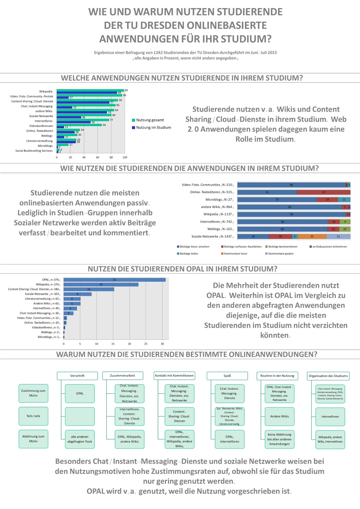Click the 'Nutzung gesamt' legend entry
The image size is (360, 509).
pyautogui.click(x=150, y=120)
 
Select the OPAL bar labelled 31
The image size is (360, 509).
pyautogui.click(x=114, y=280)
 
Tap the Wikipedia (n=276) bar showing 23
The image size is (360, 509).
pyautogui.click(x=101, y=284)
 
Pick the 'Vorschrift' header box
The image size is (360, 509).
pyautogui.click(x=77, y=376)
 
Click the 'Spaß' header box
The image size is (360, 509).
pyautogui.click(x=227, y=376)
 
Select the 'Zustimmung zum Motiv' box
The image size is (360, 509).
pyautogui.click(x=33, y=393)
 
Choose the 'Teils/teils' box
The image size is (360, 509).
pyautogui.click(x=33, y=416)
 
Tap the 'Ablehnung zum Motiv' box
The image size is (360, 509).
pyautogui.click(x=33, y=439)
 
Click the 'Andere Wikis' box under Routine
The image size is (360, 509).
pyautogui.click(x=280, y=416)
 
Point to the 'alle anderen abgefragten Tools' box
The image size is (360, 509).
pyautogui.click(x=80, y=439)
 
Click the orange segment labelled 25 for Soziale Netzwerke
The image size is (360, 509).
pyautogui.click(x=312, y=236)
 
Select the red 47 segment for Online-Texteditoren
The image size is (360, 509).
pyautogui.click(x=323, y=192)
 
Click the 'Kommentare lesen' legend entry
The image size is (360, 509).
pyautogui.click(x=235, y=254)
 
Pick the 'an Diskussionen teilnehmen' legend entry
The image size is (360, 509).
pyautogui.click(x=329, y=247)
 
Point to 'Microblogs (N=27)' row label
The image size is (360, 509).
pyautogui.click(x=219, y=200)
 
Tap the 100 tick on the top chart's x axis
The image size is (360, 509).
pyautogui.click(x=125, y=157)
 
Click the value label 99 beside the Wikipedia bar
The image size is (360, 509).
pyautogui.click(x=126, y=90)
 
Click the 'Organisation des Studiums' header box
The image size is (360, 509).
pyautogui.click(x=328, y=376)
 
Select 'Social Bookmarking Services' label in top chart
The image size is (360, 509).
pyautogui.click(x=34, y=151)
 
